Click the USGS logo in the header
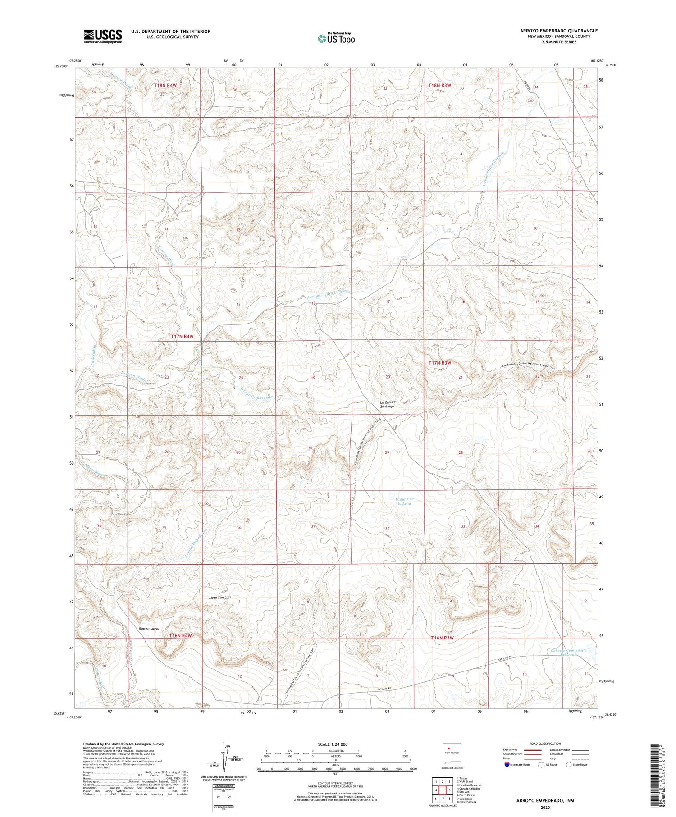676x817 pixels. tap(103, 36)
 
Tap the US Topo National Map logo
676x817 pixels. tap(336, 38)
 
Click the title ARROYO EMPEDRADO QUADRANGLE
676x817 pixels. tap(558, 31)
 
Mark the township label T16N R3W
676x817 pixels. tap(442, 638)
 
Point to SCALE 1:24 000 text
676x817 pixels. tap(333, 744)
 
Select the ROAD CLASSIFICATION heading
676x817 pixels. tap(545, 744)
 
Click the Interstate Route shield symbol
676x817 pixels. tap(507, 765)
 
